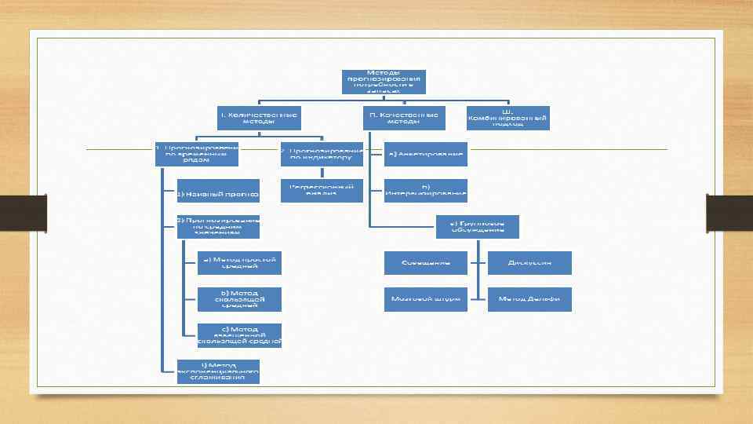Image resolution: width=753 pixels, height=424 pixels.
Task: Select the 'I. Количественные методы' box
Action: click(258, 118)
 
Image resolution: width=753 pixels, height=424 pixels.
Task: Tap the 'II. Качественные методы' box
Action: click(404, 118)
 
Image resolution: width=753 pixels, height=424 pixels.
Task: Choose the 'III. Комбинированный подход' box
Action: click(507, 118)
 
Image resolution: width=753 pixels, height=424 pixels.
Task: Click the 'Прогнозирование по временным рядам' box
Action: click(197, 154)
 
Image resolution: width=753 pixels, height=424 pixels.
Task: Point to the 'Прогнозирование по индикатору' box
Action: click(322, 154)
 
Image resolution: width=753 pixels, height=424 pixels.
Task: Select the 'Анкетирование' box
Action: click(426, 154)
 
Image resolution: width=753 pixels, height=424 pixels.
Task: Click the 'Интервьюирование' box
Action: click(426, 191)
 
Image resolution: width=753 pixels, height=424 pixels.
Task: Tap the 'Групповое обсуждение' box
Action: click(477, 227)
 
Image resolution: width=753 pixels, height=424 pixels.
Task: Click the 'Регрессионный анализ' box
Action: click(322, 191)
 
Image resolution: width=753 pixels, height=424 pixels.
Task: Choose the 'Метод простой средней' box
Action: click(239, 262)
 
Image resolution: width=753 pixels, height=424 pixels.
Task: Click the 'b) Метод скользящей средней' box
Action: click(239, 299)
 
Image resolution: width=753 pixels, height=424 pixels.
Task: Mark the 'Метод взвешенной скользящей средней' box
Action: click(239, 335)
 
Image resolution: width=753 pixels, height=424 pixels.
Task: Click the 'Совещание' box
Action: click(425, 262)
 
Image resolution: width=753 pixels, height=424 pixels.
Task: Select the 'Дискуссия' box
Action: click(529, 262)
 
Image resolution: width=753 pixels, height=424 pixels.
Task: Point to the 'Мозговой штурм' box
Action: click(425, 299)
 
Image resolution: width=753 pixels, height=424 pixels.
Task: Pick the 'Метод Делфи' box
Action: click(529, 299)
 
